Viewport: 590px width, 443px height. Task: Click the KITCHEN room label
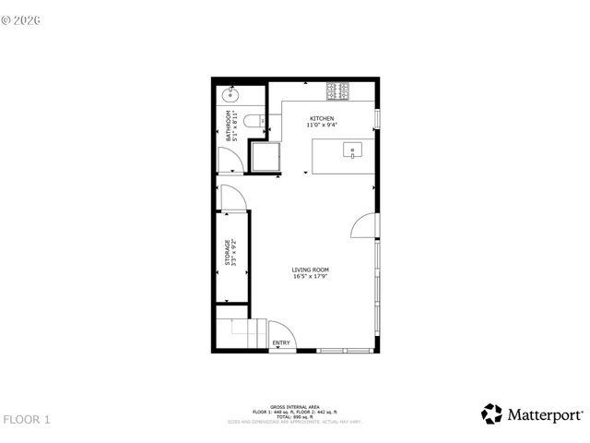[x=322, y=119]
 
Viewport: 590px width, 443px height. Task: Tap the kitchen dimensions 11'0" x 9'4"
[x=322, y=125]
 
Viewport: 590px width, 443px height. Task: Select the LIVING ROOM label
[x=311, y=269]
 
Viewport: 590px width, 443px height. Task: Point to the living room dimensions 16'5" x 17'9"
[x=311, y=276]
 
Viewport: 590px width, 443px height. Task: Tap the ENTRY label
[x=281, y=343]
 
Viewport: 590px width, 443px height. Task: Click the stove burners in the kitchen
[x=337, y=90]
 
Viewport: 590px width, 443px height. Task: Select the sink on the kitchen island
[x=352, y=149]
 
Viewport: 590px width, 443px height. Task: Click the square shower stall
[x=266, y=158]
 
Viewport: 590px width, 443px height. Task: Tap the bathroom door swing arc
[x=230, y=162]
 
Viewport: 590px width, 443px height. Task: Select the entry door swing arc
[x=281, y=332]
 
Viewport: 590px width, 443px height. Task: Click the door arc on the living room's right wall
[x=365, y=226]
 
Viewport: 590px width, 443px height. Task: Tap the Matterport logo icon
[x=491, y=414]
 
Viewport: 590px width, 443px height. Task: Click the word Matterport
[x=545, y=415]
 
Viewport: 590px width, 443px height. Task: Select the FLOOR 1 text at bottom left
[x=26, y=420]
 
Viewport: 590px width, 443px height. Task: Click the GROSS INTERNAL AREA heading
[x=296, y=406]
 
